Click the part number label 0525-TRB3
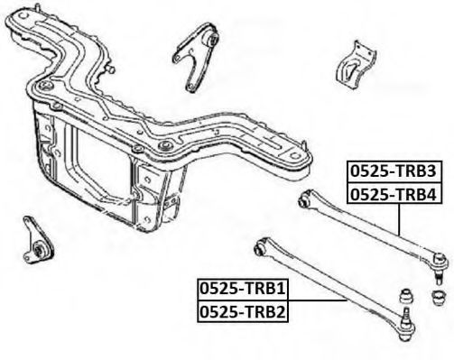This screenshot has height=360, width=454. click(394, 171)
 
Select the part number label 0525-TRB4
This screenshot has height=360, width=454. click(394, 194)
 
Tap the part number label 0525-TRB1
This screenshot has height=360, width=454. click(243, 289)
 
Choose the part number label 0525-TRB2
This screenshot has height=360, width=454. click(243, 311)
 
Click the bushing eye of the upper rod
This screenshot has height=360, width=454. click(304, 199)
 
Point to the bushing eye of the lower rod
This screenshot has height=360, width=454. click(261, 248)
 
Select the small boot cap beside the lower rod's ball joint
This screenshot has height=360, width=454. click(406, 296)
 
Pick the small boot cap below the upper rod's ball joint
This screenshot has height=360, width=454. click(439, 297)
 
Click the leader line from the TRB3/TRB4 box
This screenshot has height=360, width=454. click(399, 219)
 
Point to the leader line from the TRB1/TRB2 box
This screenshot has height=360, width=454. click(318, 300)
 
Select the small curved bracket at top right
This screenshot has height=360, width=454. click(357, 66)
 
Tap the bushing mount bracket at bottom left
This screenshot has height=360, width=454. click(38, 241)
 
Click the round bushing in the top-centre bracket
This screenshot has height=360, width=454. click(213, 39)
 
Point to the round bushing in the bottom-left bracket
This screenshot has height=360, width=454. click(40, 250)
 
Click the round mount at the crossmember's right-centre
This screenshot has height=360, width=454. click(165, 146)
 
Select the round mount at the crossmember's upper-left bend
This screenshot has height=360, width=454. click(45, 85)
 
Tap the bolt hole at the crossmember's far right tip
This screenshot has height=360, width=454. click(296, 155)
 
